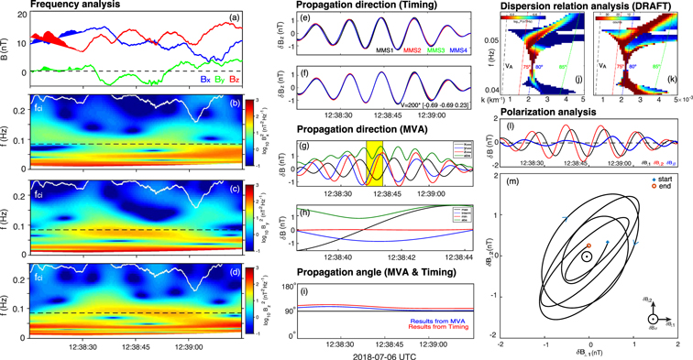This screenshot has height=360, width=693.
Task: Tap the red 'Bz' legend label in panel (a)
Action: point(236,79)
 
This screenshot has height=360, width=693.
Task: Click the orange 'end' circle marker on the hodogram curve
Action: point(588,245)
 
